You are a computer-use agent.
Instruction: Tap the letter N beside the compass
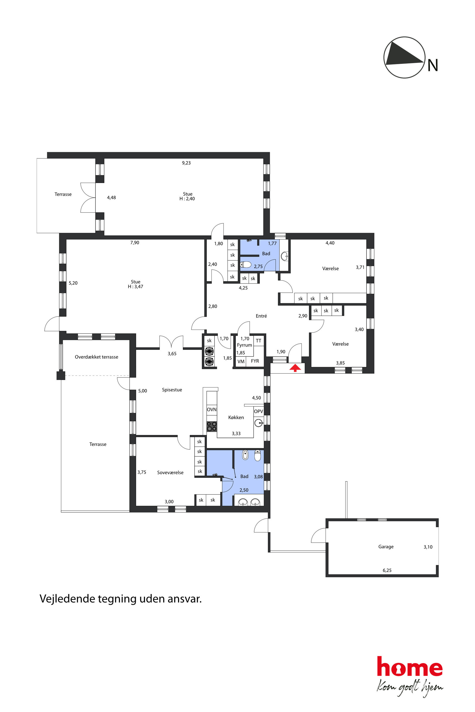433,65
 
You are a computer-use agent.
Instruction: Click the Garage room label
386,546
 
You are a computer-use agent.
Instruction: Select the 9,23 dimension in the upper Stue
186,163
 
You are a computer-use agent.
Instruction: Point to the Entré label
261,316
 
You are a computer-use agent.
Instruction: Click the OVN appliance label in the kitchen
212,410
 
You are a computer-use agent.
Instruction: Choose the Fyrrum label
244,345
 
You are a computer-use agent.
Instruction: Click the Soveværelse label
170,472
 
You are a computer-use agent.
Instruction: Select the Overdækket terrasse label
96,357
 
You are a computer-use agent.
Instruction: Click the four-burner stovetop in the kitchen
212,426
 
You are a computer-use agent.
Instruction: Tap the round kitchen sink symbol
258,423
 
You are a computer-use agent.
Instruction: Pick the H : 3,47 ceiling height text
136,286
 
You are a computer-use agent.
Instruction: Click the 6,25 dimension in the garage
387,570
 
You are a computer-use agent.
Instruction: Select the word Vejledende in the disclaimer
67,599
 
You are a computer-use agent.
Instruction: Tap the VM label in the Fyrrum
241,362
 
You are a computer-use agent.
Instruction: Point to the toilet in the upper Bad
246,265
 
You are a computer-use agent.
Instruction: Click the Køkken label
236,417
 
